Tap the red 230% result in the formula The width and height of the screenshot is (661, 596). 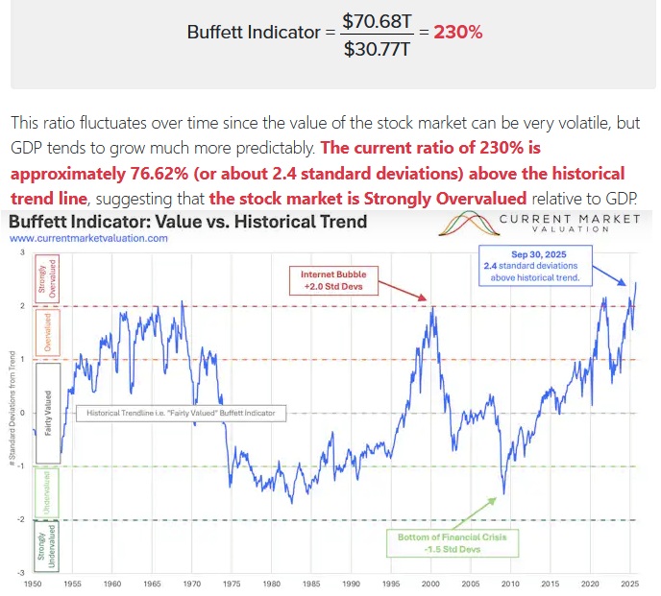pyautogui.click(x=458, y=32)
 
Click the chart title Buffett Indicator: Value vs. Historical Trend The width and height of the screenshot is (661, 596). pyautogui.click(x=187, y=222)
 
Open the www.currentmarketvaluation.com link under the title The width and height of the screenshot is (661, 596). pyautogui.click(x=88, y=238)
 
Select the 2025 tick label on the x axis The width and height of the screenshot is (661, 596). pyautogui.click(x=630, y=583)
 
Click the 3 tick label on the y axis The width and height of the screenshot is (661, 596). pyautogui.click(x=21, y=251)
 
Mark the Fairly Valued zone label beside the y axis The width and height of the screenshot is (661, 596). pyautogui.click(x=47, y=413)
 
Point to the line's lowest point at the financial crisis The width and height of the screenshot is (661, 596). pyautogui.click(x=503, y=493)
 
